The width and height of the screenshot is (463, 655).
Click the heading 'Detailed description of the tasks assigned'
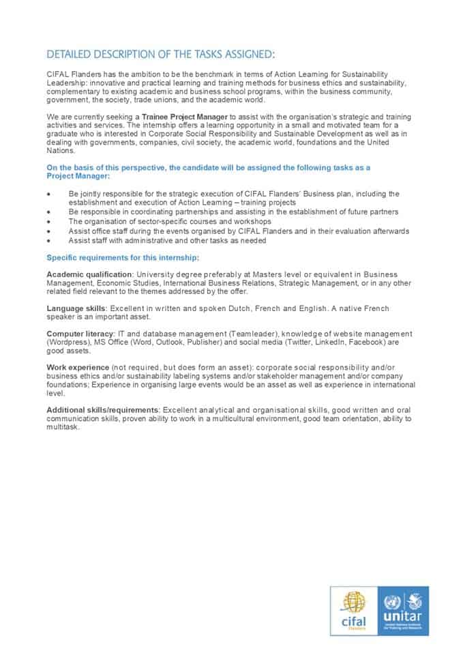click(161, 54)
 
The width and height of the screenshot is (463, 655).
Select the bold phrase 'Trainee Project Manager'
click(185, 117)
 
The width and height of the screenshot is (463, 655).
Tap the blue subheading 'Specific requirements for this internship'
click(123, 257)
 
